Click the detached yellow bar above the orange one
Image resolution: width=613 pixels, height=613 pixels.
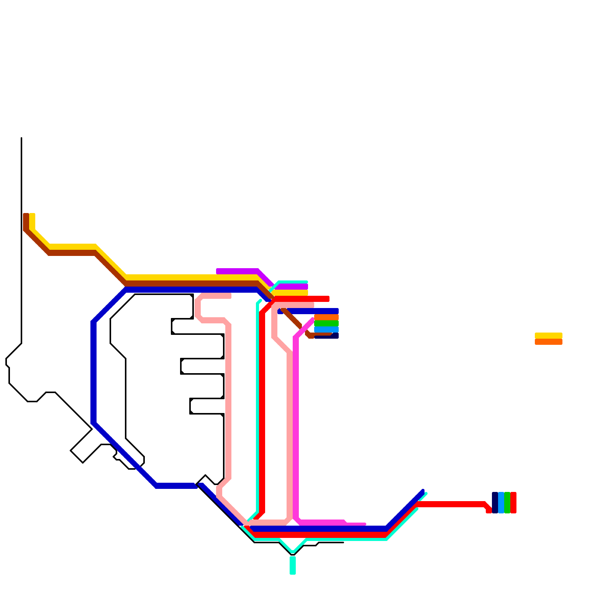coord(548,336)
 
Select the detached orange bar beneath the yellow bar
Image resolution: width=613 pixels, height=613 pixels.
coord(548,342)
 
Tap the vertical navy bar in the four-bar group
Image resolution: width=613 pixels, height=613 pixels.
coord(495,502)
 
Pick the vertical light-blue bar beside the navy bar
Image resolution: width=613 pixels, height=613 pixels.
coord(501,502)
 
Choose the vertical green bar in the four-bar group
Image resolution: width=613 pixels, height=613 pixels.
coord(507,502)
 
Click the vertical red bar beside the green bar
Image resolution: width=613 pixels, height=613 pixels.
coord(513,502)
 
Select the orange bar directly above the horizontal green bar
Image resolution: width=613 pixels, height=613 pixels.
coord(326,317)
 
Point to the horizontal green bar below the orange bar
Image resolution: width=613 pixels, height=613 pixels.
coord(326,323)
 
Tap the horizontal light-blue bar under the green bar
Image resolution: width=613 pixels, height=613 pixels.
coord(326,329)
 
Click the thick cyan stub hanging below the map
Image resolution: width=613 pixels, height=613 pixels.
coord(293,565)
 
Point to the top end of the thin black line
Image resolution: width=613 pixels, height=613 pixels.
coord(21,138)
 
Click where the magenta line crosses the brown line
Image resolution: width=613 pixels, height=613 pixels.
coord(302,328)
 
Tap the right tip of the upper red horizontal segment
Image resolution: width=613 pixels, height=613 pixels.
coord(328,299)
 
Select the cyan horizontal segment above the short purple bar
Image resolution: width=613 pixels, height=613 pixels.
coord(293,282)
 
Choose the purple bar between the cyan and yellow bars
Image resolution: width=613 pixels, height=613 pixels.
coord(293,287)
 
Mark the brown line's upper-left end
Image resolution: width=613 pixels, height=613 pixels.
coord(26,215)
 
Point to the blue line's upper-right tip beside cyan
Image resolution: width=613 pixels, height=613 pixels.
coord(423,491)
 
